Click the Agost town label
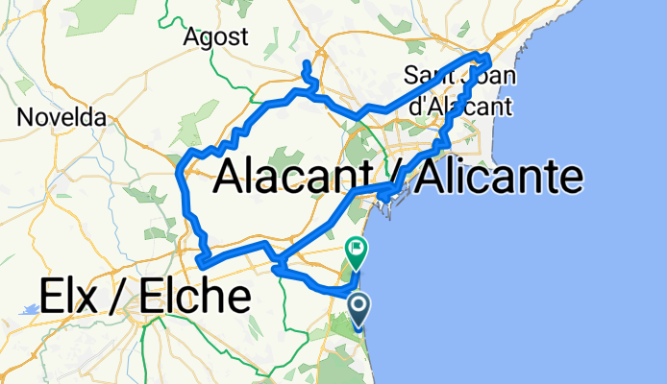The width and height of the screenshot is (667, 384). click(x=220, y=37)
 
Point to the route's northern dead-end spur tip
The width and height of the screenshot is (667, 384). click(x=306, y=64)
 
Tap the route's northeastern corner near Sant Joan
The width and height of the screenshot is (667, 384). click(x=488, y=59)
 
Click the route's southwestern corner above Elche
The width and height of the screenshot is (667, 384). click(x=199, y=261)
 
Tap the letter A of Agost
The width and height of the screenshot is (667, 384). click(x=198, y=37)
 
